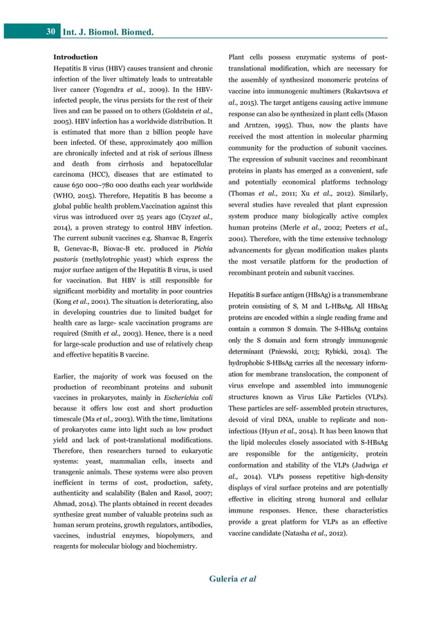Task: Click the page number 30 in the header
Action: pos(51,32)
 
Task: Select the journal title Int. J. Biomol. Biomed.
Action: pos(108,32)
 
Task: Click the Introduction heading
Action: pos(75,57)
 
